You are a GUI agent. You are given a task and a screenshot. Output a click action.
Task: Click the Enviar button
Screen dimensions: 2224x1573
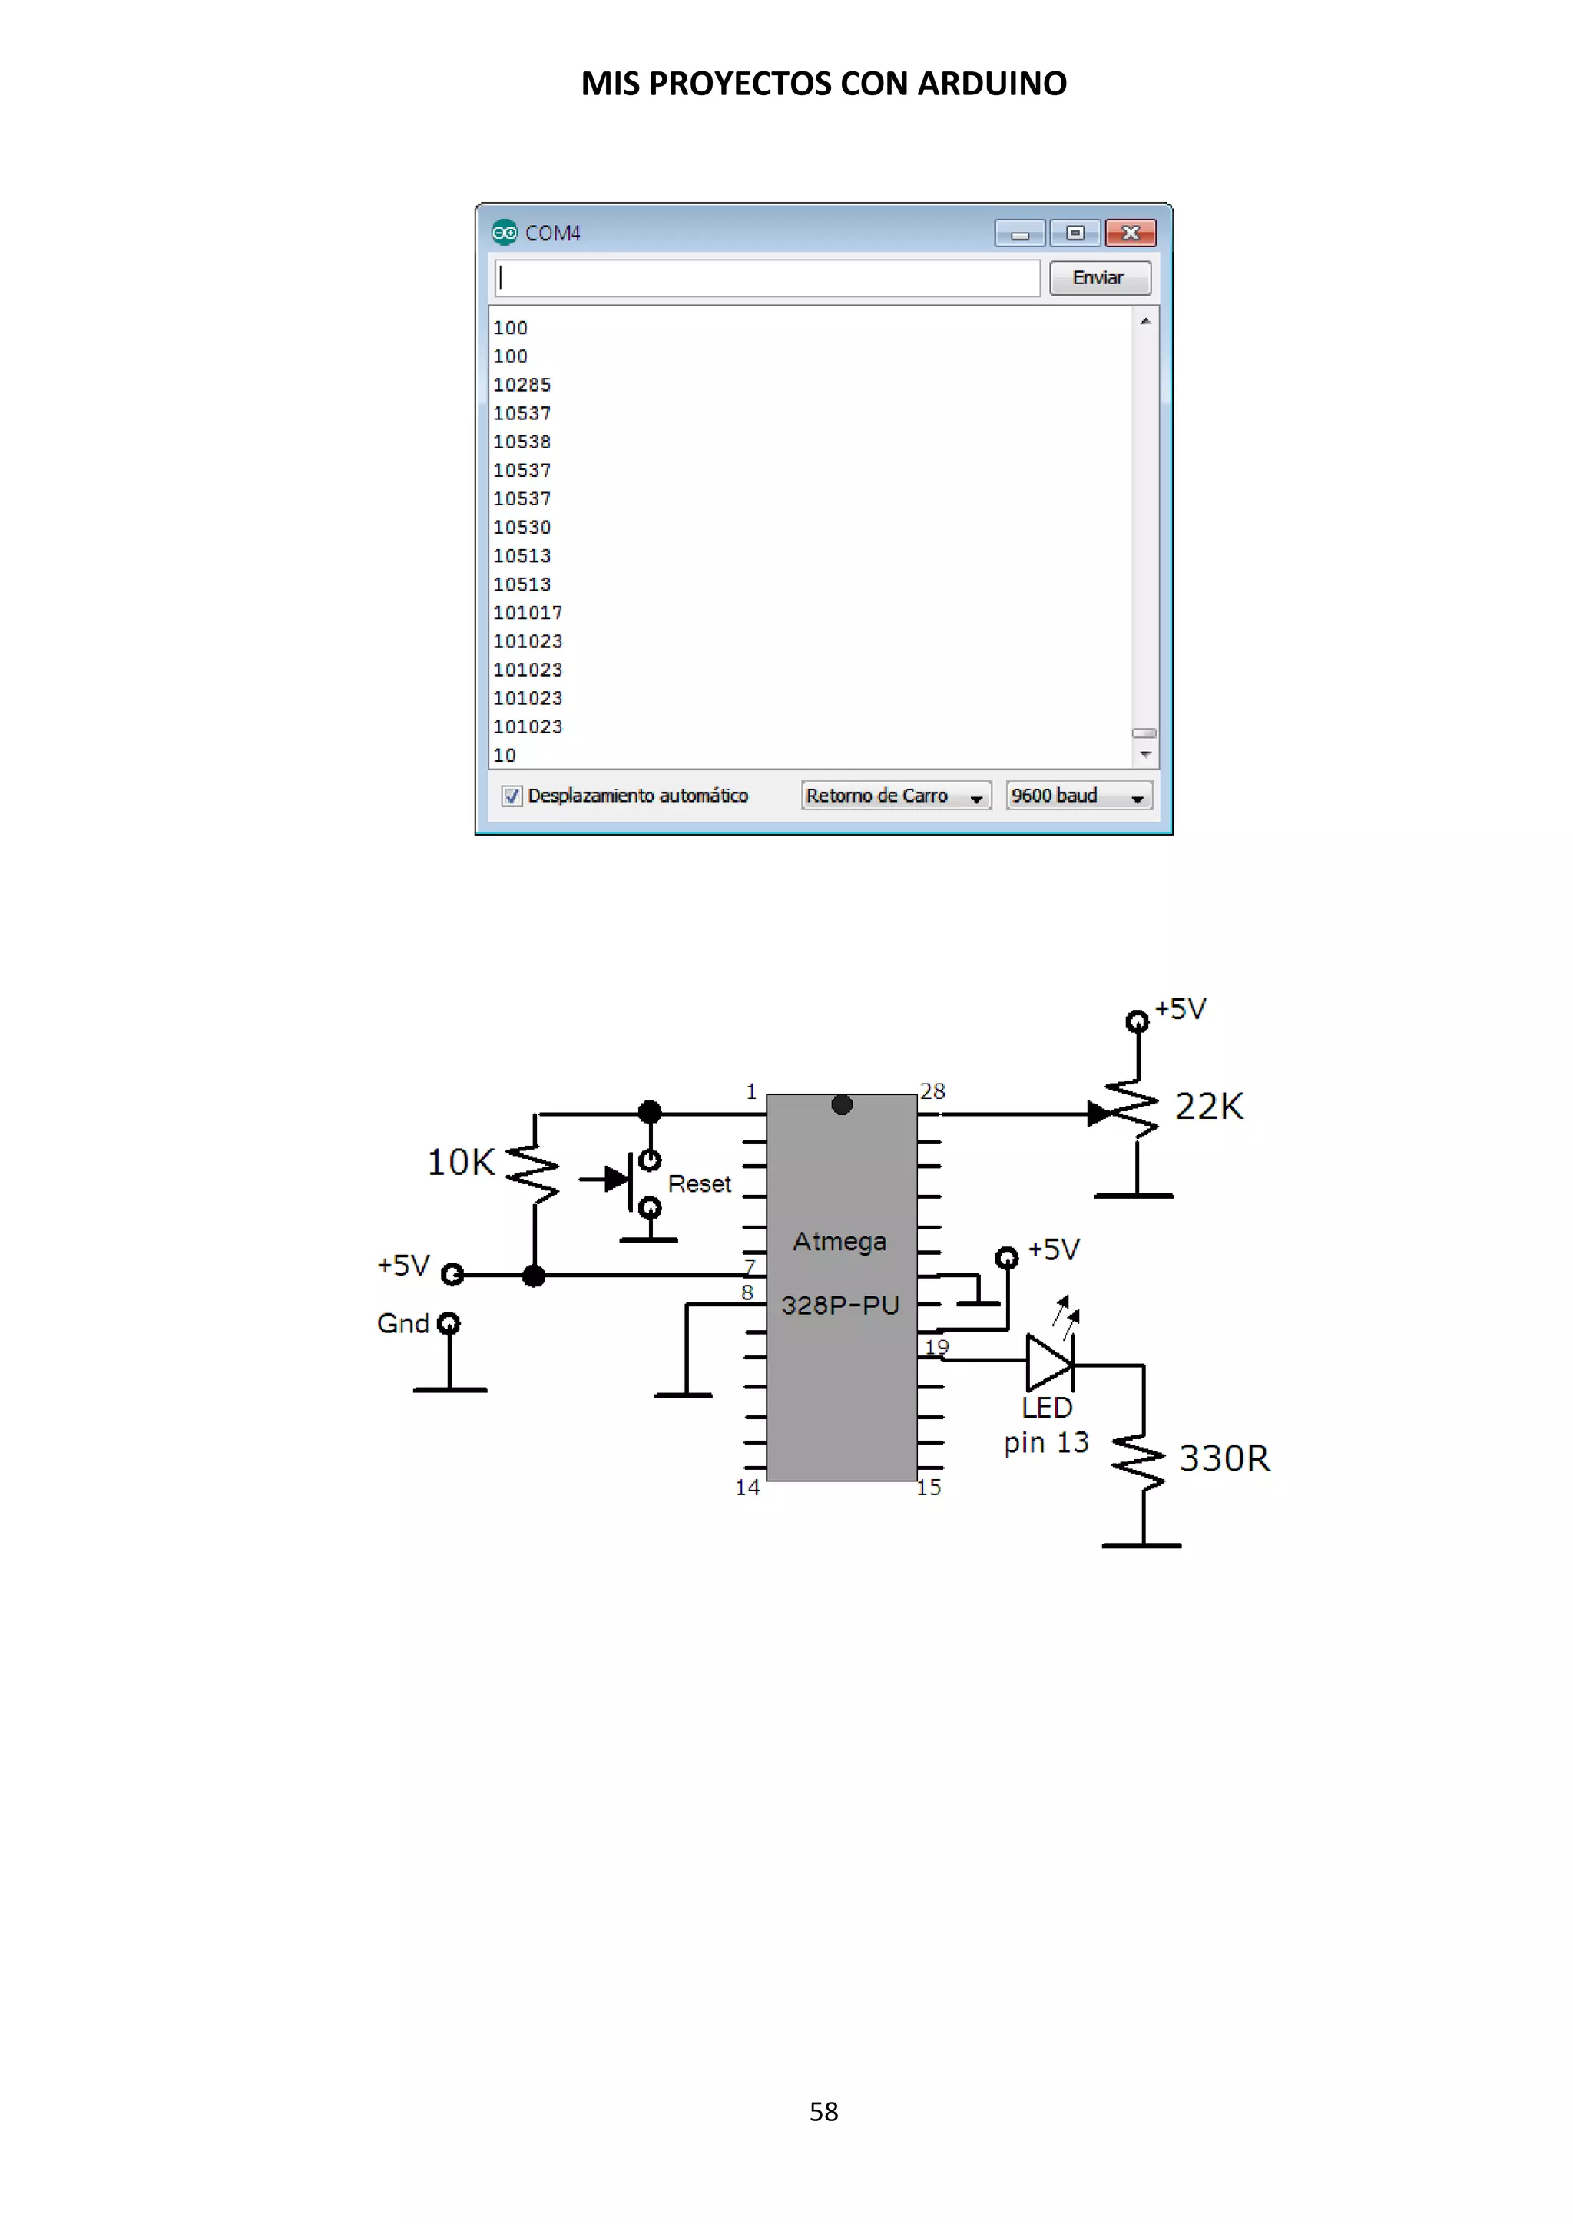[1099, 278]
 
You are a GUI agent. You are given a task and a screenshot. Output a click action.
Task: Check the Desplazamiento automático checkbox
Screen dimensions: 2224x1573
[512, 796]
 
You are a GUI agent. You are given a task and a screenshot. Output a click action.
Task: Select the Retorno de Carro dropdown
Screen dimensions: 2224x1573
[895, 796]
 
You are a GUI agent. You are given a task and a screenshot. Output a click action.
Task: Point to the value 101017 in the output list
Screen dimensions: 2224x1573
[527, 613]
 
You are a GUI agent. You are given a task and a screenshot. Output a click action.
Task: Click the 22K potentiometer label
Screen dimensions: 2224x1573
[1209, 1106]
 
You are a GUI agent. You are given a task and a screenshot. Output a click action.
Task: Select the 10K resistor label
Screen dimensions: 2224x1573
[460, 1163]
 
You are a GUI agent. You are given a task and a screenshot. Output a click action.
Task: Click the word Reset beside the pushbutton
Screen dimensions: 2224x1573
[700, 1183]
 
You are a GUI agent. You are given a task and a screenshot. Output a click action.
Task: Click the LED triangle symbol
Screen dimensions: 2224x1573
[1048, 1362]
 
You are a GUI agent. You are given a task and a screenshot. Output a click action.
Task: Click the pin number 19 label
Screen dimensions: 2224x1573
[936, 1346]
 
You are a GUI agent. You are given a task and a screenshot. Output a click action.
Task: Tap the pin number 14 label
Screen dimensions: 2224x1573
[747, 1488]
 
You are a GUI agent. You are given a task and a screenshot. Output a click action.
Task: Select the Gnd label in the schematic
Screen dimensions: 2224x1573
[402, 1324]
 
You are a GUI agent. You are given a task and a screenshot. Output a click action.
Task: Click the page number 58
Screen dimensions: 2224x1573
[823, 2112]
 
